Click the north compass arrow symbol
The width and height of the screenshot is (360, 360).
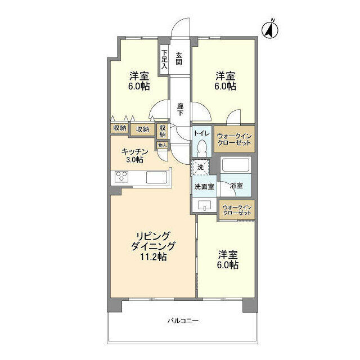[270, 29]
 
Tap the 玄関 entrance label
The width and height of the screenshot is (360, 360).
[179, 58]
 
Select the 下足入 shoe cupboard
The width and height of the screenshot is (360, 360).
[164, 59]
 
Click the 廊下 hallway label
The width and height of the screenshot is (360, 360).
[180, 110]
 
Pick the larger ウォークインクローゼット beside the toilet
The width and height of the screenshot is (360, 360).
[234, 139]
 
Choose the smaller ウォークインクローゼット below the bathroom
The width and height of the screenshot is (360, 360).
[237, 210]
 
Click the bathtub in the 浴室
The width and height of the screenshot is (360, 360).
[236, 164]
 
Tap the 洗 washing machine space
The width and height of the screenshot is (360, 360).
[201, 167]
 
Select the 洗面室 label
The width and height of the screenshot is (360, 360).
[204, 187]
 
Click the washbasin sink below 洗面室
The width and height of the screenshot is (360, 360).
[205, 205]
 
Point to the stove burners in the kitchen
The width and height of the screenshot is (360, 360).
[121, 177]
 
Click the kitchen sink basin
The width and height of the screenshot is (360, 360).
[156, 177]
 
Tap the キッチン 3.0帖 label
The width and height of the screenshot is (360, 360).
[134, 155]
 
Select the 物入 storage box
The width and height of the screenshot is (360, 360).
[163, 145]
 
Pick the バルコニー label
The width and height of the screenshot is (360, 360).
[183, 321]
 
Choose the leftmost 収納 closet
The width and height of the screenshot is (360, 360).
[120, 128]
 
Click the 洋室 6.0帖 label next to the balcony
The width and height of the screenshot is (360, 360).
[227, 260]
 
